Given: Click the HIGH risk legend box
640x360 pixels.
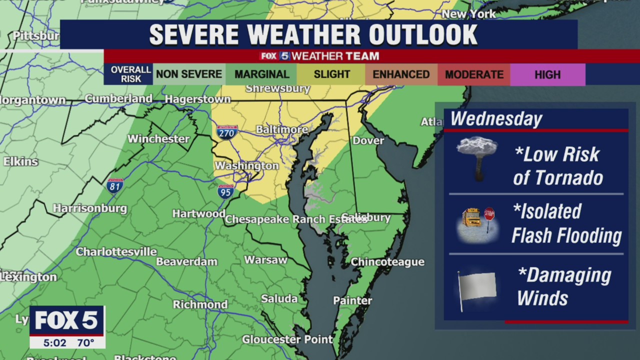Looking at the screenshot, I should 547,74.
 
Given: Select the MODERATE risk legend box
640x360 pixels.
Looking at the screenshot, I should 474,74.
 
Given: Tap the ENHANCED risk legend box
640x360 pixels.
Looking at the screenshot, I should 401,74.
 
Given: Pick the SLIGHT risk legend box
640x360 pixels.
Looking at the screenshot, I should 331,74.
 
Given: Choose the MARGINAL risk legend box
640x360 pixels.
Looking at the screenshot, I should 261,74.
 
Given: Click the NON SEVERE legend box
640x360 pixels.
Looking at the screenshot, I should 189,74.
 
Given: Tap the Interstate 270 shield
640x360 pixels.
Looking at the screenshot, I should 227,132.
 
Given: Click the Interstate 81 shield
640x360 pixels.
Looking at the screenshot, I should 115,185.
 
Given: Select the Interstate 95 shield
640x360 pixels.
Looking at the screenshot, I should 225,191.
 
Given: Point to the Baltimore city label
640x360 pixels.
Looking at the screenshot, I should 281,129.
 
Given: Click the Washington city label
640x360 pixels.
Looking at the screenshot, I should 246,165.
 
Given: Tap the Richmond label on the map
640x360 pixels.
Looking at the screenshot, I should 200,304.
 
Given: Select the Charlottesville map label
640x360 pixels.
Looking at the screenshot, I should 116,251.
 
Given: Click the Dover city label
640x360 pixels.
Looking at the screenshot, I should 368,140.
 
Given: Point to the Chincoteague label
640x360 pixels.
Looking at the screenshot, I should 387,262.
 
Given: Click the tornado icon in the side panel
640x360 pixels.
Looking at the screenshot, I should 477,157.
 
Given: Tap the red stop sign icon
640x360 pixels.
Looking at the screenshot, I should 489,214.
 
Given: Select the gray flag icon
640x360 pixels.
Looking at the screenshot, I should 477,287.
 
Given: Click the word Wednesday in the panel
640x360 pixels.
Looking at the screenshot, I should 496,119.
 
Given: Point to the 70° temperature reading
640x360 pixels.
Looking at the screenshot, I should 85,343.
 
